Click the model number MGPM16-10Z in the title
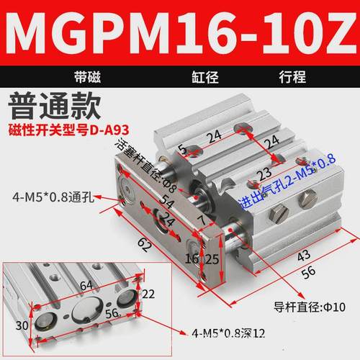[180, 32]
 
